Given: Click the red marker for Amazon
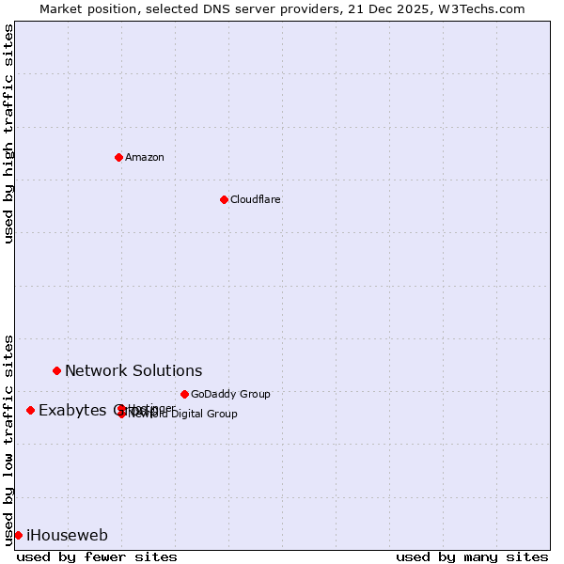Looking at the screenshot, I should (x=118, y=157).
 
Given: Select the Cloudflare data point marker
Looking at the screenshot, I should (x=224, y=199).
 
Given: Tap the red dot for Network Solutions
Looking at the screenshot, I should (x=56, y=370).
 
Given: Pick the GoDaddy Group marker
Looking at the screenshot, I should (x=184, y=394).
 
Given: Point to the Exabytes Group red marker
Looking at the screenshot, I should (x=30, y=410).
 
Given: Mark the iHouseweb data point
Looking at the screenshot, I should (x=18, y=535).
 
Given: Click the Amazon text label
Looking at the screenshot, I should (x=145, y=157).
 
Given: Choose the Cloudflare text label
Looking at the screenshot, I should (x=255, y=199).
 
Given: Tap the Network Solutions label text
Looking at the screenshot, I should (x=133, y=370).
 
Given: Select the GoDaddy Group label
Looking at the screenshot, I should (x=230, y=394).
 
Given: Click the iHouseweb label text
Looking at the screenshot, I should (x=67, y=536).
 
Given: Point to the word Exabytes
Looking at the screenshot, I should (x=72, y=410).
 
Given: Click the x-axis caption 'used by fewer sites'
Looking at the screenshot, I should (x=97, y=556).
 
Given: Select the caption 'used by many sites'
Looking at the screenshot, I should (x=472, y=556).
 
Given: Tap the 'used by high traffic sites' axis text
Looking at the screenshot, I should (x=8, y=133).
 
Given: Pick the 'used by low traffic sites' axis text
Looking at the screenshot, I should (x=8, y=439).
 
